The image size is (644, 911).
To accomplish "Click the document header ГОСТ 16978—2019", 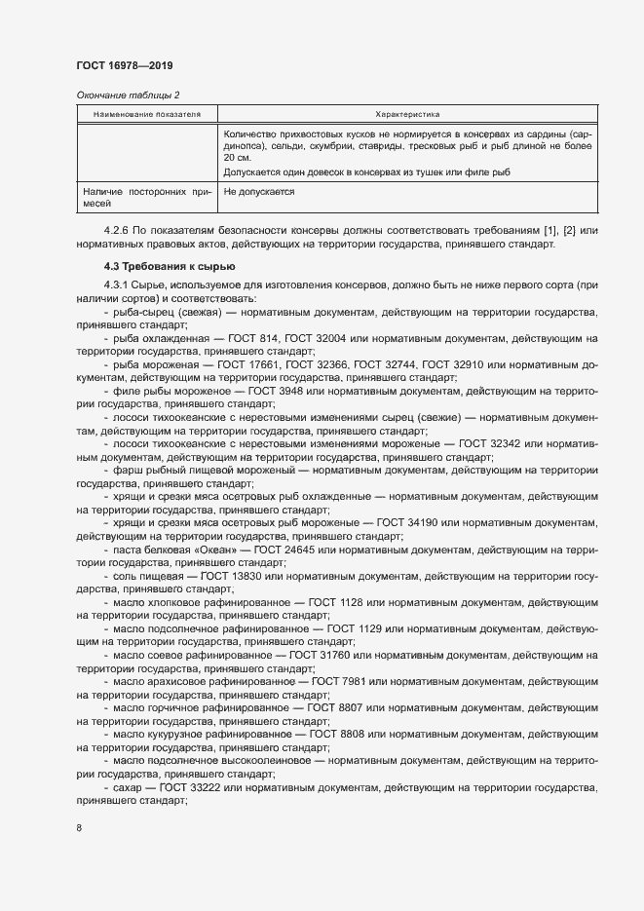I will click(124, 65).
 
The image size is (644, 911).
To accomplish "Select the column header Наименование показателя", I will click(147, 114).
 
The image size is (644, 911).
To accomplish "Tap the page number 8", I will click(79, 828).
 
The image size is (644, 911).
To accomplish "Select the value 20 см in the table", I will click(238, 157).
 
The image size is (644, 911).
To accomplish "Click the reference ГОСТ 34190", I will click(424, 523).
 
